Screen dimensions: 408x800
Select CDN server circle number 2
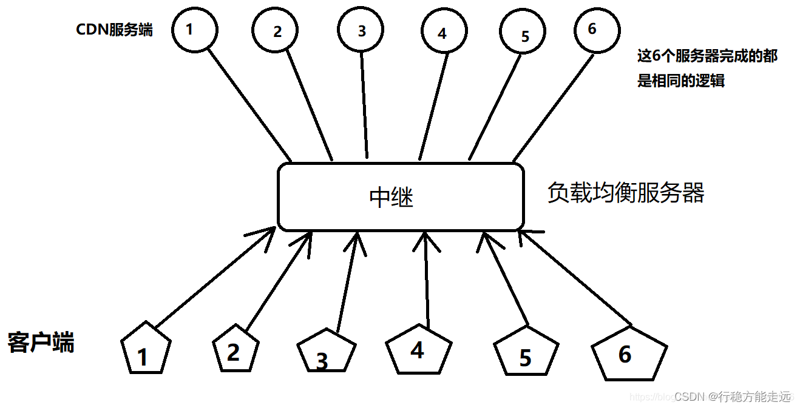click(x=276, y=31)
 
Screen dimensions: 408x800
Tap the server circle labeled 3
click(x=362, y=30)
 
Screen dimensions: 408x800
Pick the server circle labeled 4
click(x=443, y=33)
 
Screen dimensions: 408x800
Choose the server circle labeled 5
click(x=524, y=34)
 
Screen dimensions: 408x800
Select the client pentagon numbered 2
click(x=236, y=350)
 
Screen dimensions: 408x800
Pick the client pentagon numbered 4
click(x=419, y=350)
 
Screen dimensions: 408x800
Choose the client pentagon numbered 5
click(x=526, y=355)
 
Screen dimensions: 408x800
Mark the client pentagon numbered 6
click(x=629, y=354)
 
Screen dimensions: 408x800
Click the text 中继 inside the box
click(x=391, y=198)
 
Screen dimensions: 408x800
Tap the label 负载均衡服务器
click(x=625, y=193)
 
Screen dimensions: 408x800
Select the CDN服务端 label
click(x=114, y=30)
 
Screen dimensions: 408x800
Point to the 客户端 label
click(x=41, y=343)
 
